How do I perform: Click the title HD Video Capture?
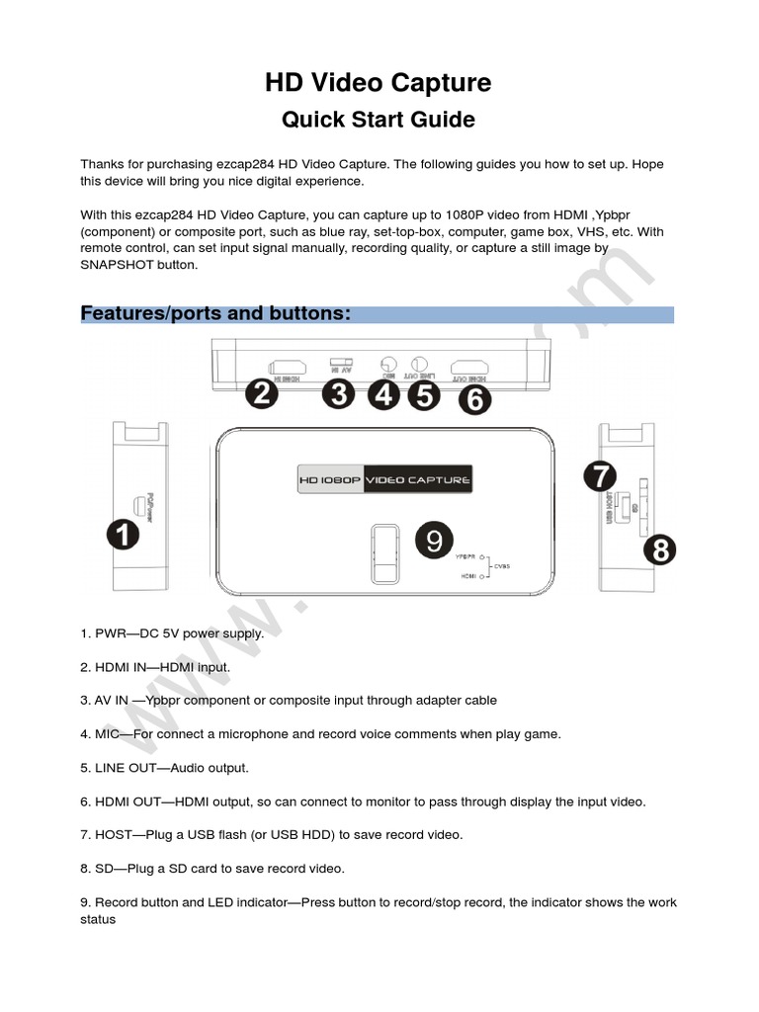(379, 84)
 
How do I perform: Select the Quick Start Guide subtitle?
(379, 120)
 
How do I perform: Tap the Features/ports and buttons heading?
(215, 313)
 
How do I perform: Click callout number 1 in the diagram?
(124, 537)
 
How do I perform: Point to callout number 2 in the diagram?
(261, 395)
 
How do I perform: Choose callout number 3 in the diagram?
(339, 395)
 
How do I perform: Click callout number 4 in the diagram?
(384, 395)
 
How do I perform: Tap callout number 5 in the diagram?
(424, 395)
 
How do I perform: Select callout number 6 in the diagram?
(475, 399)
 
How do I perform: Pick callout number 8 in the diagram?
(660, 549)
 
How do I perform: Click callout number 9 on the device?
(433, 541)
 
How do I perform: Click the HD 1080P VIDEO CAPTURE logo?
(384, 480)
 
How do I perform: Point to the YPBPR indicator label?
(465, 557)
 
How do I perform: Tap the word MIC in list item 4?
(108, 734)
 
